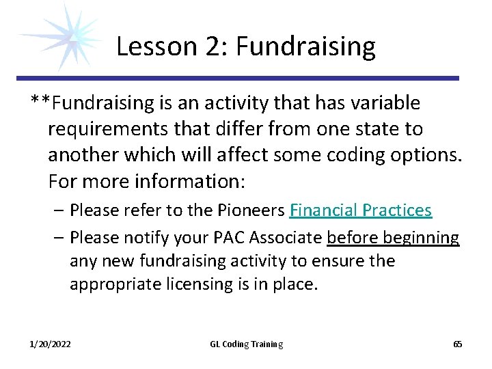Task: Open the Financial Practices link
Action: tap(361, 210)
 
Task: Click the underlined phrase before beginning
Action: tap(393, 237)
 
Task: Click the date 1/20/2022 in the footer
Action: tap(50, 344)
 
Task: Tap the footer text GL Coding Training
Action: tap(246, 344)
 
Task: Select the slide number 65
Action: tap(458, 344)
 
